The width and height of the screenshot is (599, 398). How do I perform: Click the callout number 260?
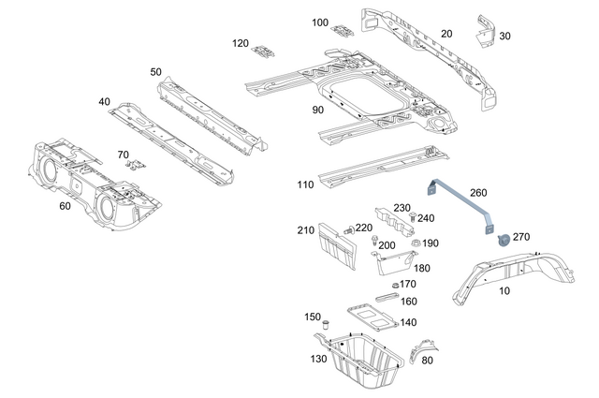tap(478, 193)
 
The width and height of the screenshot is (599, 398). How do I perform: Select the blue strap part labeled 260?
tap(460, 198)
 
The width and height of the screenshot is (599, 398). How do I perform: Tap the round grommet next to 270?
tap(502, 240)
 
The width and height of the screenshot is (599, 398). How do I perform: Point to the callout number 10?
tap(504, 291)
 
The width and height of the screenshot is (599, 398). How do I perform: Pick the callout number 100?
tap(320, 22)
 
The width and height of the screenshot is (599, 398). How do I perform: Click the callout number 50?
tap(155, 71)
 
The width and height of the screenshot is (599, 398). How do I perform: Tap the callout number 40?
tap(103, 101)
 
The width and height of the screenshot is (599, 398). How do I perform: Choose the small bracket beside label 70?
tap(136, 165)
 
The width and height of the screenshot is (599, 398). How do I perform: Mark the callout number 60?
tap(65, 205)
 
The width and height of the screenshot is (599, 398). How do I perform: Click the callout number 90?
tap(317, 110)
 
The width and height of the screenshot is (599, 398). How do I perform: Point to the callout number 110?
tap(305, 184)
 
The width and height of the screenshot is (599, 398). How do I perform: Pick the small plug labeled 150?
tap(329, 324)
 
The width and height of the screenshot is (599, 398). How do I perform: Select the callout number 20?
tap(446, 34)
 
